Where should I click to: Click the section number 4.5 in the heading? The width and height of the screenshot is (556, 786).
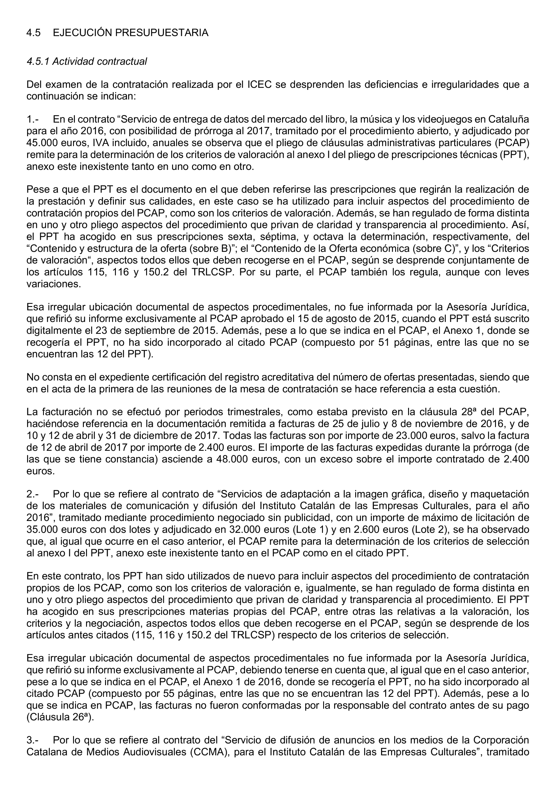[x=33, y=33]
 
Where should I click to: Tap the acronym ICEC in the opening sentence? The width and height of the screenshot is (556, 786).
[x=259, y=85]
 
